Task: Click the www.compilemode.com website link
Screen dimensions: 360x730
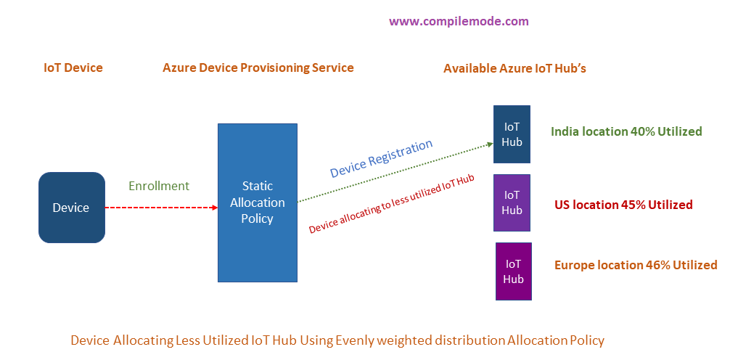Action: [x=459, y=21]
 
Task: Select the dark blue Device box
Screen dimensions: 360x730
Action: [x=71, y=208]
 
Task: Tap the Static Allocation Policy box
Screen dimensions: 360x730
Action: [x=257, y=202]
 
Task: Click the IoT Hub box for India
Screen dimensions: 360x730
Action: [x=512, y=134]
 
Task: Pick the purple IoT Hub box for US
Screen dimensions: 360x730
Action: [x=512, y=202]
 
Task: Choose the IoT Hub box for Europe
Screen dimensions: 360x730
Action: [x=513, y=271]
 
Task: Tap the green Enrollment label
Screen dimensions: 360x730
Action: [x=159, y=186]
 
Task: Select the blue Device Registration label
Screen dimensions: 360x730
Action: [x=381, y=158]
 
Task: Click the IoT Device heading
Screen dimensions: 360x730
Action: [x=73, y=67]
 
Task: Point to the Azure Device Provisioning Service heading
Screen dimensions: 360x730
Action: [x=258, y=67]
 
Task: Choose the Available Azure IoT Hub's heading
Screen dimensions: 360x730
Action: [x=514, y=68]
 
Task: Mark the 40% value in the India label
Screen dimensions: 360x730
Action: [x=641, y=131]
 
